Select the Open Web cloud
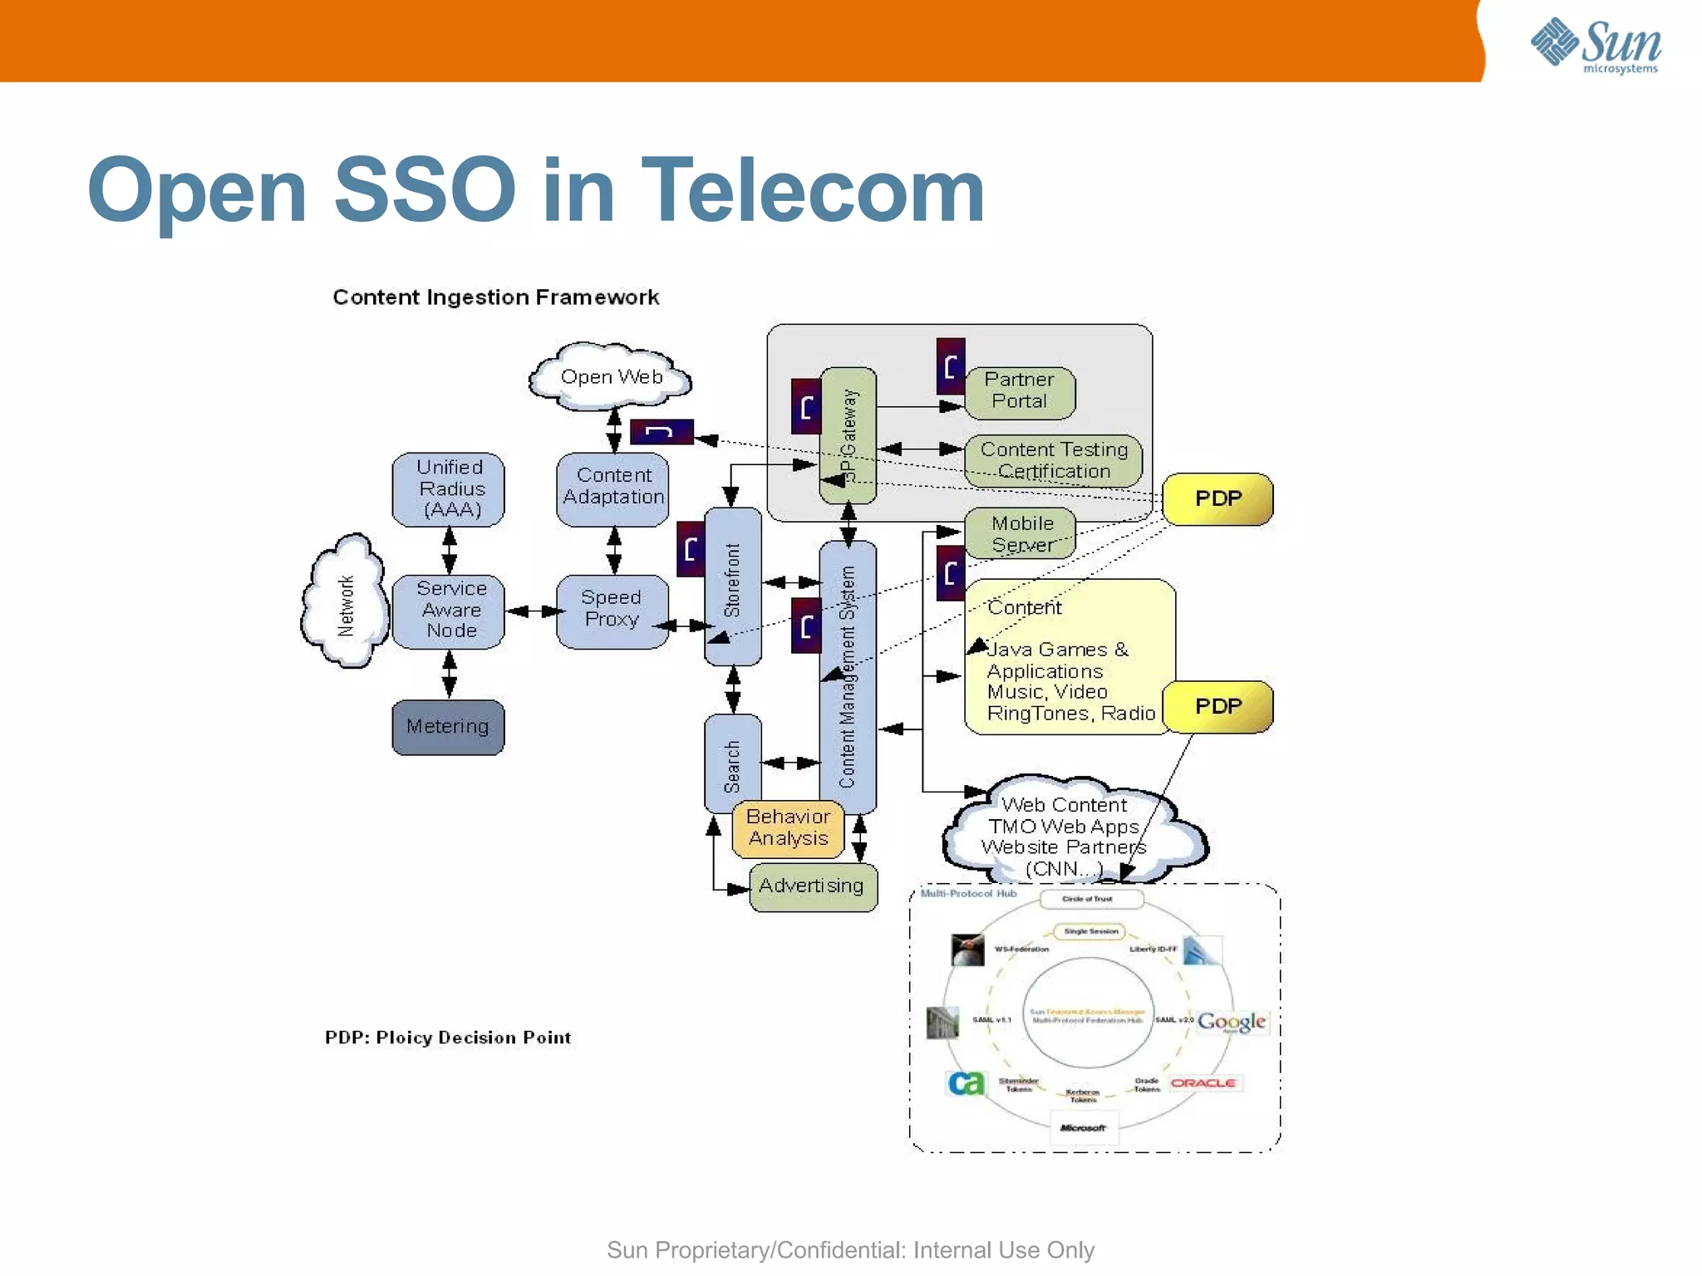coord(611,377)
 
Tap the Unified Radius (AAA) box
coord(449,488)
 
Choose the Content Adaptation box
coord(613,488)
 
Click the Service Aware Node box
coord(449,610)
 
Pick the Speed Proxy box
coord(612,610)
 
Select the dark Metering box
coord(448,727)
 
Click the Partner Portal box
coord(1020,391)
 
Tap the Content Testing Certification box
coord(1054,460)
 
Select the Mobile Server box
coord(1021,533)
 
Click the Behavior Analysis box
coord(788,827)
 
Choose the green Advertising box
coord(812,886)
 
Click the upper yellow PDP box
coord(1217,498)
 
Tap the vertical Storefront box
coord(732,586)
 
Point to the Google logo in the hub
coord(1231,1021)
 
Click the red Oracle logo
coord(1203,1082)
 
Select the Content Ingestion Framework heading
coord(495,297)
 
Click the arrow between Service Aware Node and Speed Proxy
coord(531,611)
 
